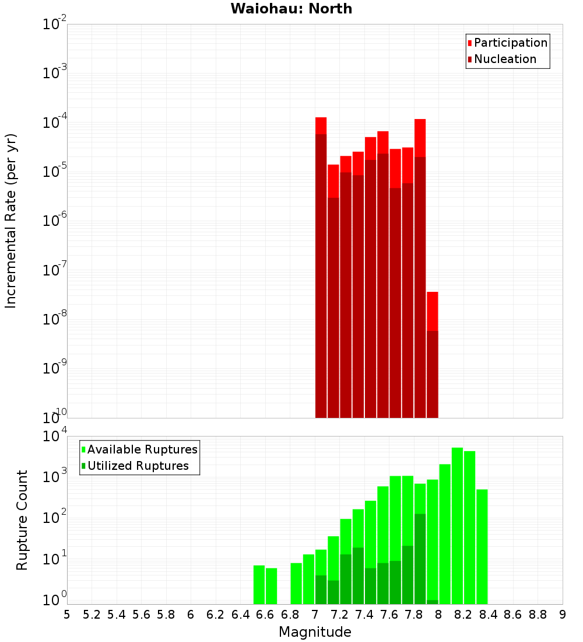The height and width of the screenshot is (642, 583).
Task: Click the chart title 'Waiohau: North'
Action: click(291, 9)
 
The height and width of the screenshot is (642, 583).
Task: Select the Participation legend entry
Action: click(507, 43)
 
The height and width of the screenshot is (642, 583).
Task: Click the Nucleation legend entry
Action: click(501, 60)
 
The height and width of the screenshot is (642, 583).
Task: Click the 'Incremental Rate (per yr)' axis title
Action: click(11, 221)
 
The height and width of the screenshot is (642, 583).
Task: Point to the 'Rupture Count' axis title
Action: click(22, 520)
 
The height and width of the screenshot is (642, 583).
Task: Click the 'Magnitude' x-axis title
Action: click(315, 632)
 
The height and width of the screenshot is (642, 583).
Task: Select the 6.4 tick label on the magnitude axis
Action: click(240, 615)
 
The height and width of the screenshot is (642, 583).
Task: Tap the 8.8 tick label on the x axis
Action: click(538, 615)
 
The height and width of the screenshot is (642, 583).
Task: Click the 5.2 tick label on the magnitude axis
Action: click(92, 615)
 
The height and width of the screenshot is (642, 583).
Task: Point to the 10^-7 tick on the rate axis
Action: click(54, 270)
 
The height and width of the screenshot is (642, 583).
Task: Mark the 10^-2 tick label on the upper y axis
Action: click(54, 25)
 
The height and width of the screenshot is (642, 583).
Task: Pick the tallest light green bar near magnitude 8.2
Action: click(457, 525)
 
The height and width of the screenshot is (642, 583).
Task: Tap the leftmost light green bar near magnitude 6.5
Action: click(259, 584)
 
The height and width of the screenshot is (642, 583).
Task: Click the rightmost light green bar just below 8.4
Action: click(482, 546)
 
